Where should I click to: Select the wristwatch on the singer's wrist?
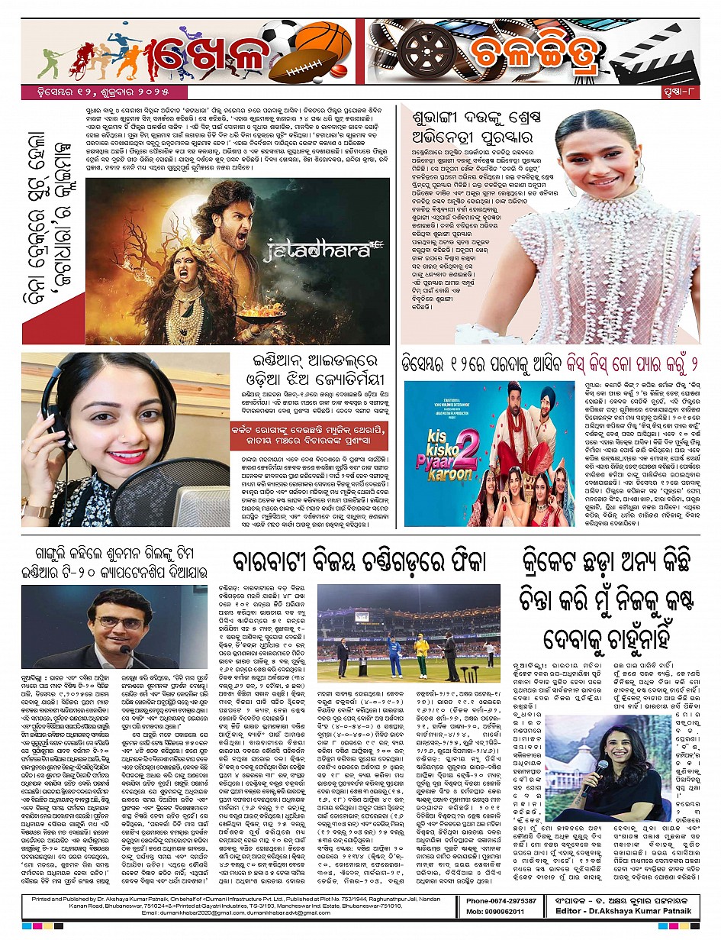36,511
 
